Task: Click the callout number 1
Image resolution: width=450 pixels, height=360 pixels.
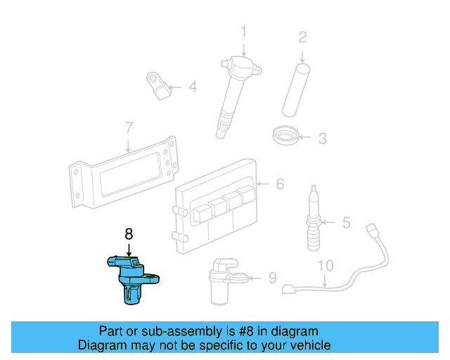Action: pyautogui.click(x=243, y=32)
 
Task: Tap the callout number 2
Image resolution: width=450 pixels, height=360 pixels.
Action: pyautogui.click(x=302, y=37)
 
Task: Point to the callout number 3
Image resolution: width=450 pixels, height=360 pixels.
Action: pyautogui.click(x=322, y=139)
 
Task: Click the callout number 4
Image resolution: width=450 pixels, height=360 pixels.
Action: pyautogui.click(x=192, y=88)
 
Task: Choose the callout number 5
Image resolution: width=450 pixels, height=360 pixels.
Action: pyautogui.click(x=346, y=223)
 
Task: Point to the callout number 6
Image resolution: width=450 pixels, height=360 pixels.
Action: pyautogui.click(x=280, y=184)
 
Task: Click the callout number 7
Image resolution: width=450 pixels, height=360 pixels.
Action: pyautogui.click(x=128, y=128)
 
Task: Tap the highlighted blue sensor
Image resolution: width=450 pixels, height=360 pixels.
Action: pyautogui.click(x=131, y=277)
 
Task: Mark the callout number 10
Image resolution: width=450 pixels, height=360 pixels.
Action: pyautogui.click(x=325, y=266)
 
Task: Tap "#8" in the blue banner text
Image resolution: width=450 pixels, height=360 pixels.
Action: pyautogui.click(x=229, y=331)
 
